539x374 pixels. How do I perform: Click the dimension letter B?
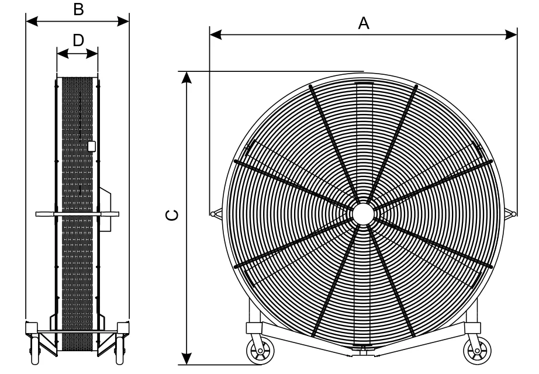point(77,8)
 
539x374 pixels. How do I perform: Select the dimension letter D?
point(78,39)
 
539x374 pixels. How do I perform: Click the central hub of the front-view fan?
point(362,212)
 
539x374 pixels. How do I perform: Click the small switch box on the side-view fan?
point(91,146)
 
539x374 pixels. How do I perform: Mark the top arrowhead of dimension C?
point(186,77)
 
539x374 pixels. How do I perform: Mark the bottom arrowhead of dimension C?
point(186,358)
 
